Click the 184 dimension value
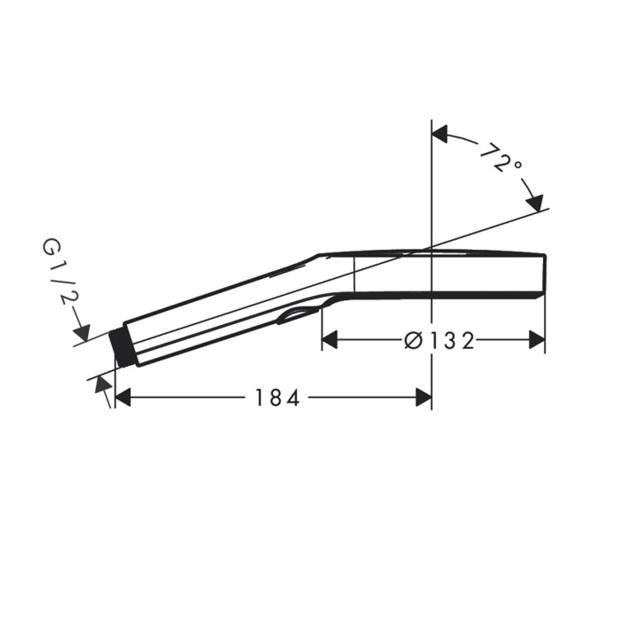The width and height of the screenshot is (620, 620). (x=277, y=398)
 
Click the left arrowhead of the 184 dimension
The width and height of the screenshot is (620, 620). (x=123, y=398)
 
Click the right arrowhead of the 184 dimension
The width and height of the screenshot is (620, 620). (x=424, y=398)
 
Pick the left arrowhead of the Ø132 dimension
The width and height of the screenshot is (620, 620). (x=329, y=340)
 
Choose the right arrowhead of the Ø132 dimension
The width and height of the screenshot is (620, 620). (x=537, y=340)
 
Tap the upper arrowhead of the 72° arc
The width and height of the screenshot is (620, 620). (x=440, y=134)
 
